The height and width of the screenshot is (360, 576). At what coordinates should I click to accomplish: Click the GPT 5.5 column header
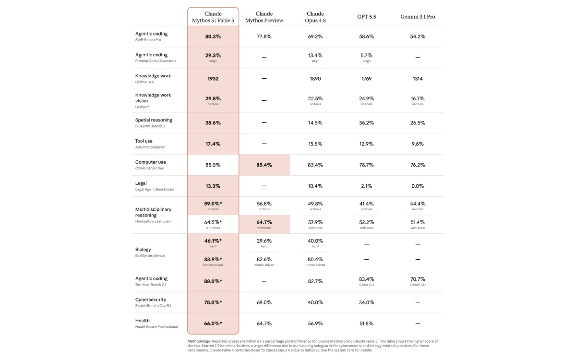366,17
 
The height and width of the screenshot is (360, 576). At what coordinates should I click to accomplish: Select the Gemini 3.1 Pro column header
418,17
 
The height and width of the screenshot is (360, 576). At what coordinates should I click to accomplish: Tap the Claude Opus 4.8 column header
315,17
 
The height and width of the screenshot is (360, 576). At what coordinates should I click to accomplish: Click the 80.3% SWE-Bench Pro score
213,36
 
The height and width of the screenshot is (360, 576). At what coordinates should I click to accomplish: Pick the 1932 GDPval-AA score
213,79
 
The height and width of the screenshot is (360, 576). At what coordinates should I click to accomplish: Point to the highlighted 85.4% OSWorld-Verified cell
264,165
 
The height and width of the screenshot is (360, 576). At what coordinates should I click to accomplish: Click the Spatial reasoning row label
154,120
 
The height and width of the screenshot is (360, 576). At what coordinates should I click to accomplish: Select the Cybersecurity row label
151,300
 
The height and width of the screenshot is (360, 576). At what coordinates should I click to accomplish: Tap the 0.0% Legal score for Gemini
418,186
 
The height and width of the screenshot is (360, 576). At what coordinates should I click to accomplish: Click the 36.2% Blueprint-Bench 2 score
366,123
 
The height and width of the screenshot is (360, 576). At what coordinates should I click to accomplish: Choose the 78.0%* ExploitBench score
213,302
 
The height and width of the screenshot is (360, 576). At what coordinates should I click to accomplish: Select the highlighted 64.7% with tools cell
264,224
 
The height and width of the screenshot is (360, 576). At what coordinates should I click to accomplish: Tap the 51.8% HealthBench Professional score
366,324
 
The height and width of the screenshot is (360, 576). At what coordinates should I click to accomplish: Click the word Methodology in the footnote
199,341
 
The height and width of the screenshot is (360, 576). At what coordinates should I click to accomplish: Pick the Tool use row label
144,141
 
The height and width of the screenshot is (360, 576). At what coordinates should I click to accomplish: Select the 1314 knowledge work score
418,79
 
